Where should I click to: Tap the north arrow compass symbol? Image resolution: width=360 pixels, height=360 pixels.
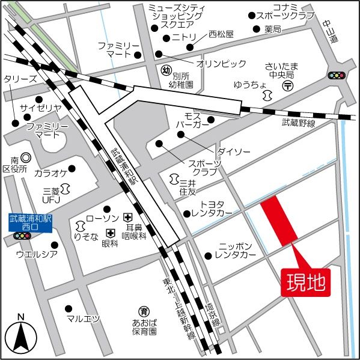pyautogui.click(x=20, y=337)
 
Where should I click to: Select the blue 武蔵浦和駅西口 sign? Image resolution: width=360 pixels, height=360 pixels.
pyautogui.click(x=30, y=222)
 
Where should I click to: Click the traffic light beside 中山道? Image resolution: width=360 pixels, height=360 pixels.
pyautogui.click(x=337, y=76)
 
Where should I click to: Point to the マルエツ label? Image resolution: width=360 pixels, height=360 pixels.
pyautogui.click(x=83, y=319)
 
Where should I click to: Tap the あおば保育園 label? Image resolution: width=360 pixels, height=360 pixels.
pyautogui.click(x=144, y=326)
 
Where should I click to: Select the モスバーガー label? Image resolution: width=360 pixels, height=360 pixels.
pyautogui.click(x=192, y=120)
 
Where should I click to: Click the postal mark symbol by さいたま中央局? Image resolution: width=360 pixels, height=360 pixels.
pyautogui.click(x=288, y=86)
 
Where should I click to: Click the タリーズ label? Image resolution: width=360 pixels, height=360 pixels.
pyautogui.click(x=20, y=79)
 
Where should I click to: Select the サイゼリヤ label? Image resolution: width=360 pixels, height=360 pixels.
pyautogui.click(x=41, y=108)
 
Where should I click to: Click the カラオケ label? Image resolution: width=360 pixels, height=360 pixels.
pyautogui.click(x=50, y=173)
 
